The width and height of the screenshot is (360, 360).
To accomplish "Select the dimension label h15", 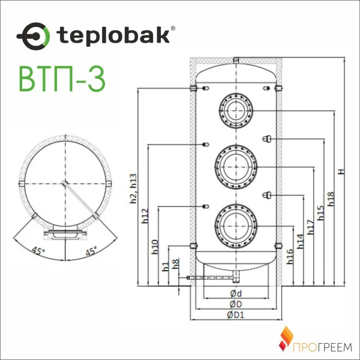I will coord(320,213).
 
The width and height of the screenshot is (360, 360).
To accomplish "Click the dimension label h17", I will coord(310,226).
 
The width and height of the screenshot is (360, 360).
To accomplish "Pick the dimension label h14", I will coord(300,240).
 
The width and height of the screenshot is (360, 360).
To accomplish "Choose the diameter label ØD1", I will coord(235,315).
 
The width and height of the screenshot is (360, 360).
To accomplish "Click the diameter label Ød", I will coord(236,294).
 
